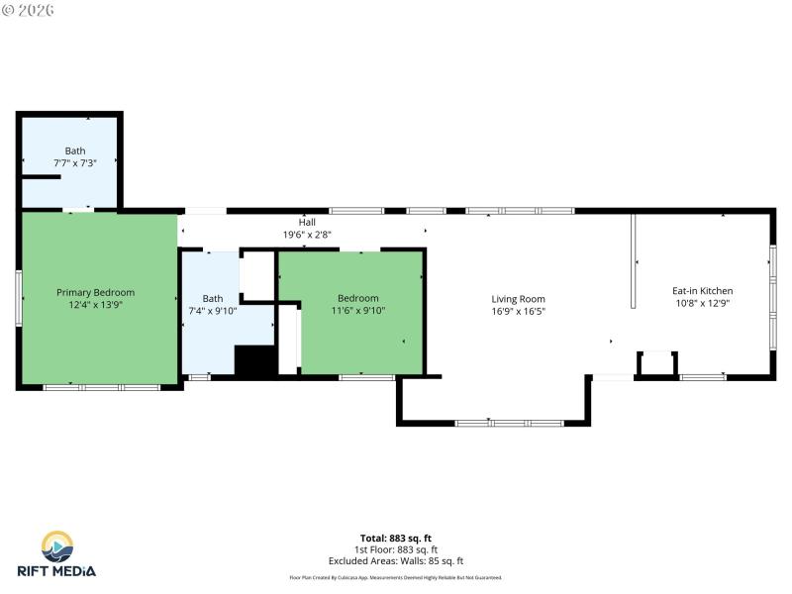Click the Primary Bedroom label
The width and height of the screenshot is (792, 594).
click(x=95, y=292)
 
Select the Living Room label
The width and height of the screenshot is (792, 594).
click(x=518, y=299)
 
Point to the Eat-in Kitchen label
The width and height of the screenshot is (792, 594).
click(x=702, y=291)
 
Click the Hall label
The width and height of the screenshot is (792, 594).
click(x=307, y=223)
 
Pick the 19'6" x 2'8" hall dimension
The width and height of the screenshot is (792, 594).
click(x=307, y=235)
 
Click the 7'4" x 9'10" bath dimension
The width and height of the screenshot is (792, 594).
click(x=213, y=311)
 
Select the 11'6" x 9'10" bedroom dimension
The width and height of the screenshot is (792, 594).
click(x=357, y=311)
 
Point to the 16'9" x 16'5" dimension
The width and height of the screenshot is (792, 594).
click(x=518, y=311)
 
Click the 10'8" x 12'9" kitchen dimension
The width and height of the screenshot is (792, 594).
click(x=702, y=304)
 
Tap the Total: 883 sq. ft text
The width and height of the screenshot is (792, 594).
click(x=395, y=539)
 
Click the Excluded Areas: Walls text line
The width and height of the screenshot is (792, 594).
click(x=395, y=560)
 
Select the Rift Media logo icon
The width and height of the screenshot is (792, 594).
click(x=56, y=546)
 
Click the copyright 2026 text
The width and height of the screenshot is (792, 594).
click(x=29, y=10)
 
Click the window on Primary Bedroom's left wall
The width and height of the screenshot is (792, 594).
click(x=18, y=297)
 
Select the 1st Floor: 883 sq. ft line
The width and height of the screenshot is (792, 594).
click(x=395, y=549)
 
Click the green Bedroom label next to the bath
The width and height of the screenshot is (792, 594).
click(x=357, y=298)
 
